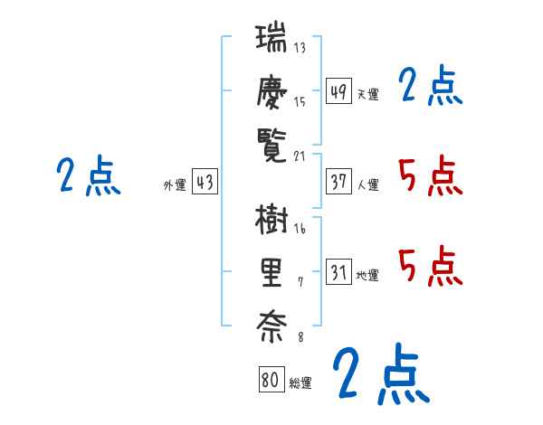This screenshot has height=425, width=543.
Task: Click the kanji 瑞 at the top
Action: [x=271, y=41]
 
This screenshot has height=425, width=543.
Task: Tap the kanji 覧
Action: [x=271, y=144]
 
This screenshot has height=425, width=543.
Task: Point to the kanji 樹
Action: [x=271, y=220]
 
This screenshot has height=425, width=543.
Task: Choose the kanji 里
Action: [x=271, y=272]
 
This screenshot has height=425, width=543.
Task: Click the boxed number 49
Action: [x=338, y=91]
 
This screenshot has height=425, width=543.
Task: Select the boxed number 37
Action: [x=338, y=182]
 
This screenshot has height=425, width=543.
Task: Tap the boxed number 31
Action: [x=338, y=272]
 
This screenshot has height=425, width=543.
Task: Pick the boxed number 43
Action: [x=205, y=182]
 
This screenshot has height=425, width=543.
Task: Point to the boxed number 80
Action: [x=271, y=380]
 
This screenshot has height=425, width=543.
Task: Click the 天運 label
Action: [x=367, y=94]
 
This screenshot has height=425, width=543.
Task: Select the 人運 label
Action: [x=367, y=184]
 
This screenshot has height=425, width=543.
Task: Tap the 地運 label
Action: [x=367, y=275]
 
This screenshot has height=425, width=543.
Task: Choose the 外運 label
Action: [x=175, y=184]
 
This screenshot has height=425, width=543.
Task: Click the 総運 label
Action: [x=300, y=382]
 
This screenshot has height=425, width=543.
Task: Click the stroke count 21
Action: [x=300, y=156]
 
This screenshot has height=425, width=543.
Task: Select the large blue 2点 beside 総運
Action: [x=379, y=373]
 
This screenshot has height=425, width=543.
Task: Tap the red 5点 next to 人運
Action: [x=430, y=175]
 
